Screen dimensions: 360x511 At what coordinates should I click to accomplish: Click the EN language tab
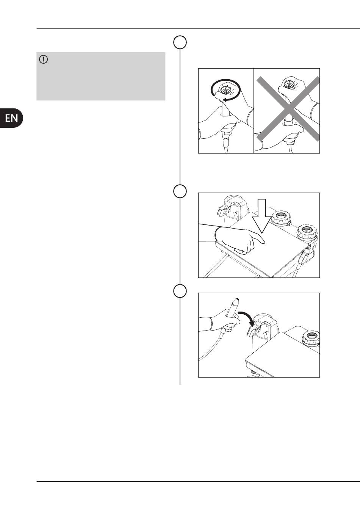[x=11, y=118]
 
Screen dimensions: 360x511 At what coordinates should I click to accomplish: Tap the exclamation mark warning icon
[x=44, y=60]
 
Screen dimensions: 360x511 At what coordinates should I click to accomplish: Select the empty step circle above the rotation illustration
[x=180, y=42]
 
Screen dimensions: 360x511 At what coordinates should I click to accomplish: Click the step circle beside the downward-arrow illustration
[x=180, y=191]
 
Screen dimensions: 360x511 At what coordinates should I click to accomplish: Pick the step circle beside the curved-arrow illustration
[x=180, y=291]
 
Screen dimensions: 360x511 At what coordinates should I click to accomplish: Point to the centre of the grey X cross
[x=288, y=108]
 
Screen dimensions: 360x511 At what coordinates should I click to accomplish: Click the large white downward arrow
[x=262, y=216]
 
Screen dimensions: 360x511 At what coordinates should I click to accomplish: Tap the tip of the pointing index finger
[x=264, y=242]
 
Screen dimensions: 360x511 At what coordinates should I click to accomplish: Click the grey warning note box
[x=101, y=77]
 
